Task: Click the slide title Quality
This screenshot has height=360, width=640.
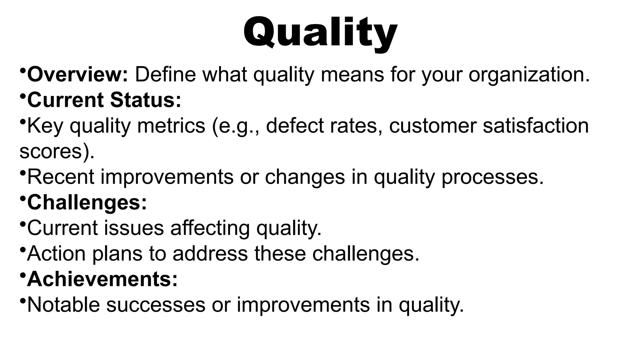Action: (320, 33)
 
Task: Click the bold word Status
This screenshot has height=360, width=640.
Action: (145, 100)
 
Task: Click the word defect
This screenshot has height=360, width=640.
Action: (295, 126)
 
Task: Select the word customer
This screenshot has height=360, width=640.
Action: (432, 126)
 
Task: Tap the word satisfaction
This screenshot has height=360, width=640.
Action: (536, 126)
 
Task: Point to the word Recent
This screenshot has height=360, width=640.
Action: (61, 177)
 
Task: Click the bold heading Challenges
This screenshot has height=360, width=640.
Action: (87, 202)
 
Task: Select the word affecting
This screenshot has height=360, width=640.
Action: (210, 228)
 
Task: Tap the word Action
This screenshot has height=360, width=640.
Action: (56, 254)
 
